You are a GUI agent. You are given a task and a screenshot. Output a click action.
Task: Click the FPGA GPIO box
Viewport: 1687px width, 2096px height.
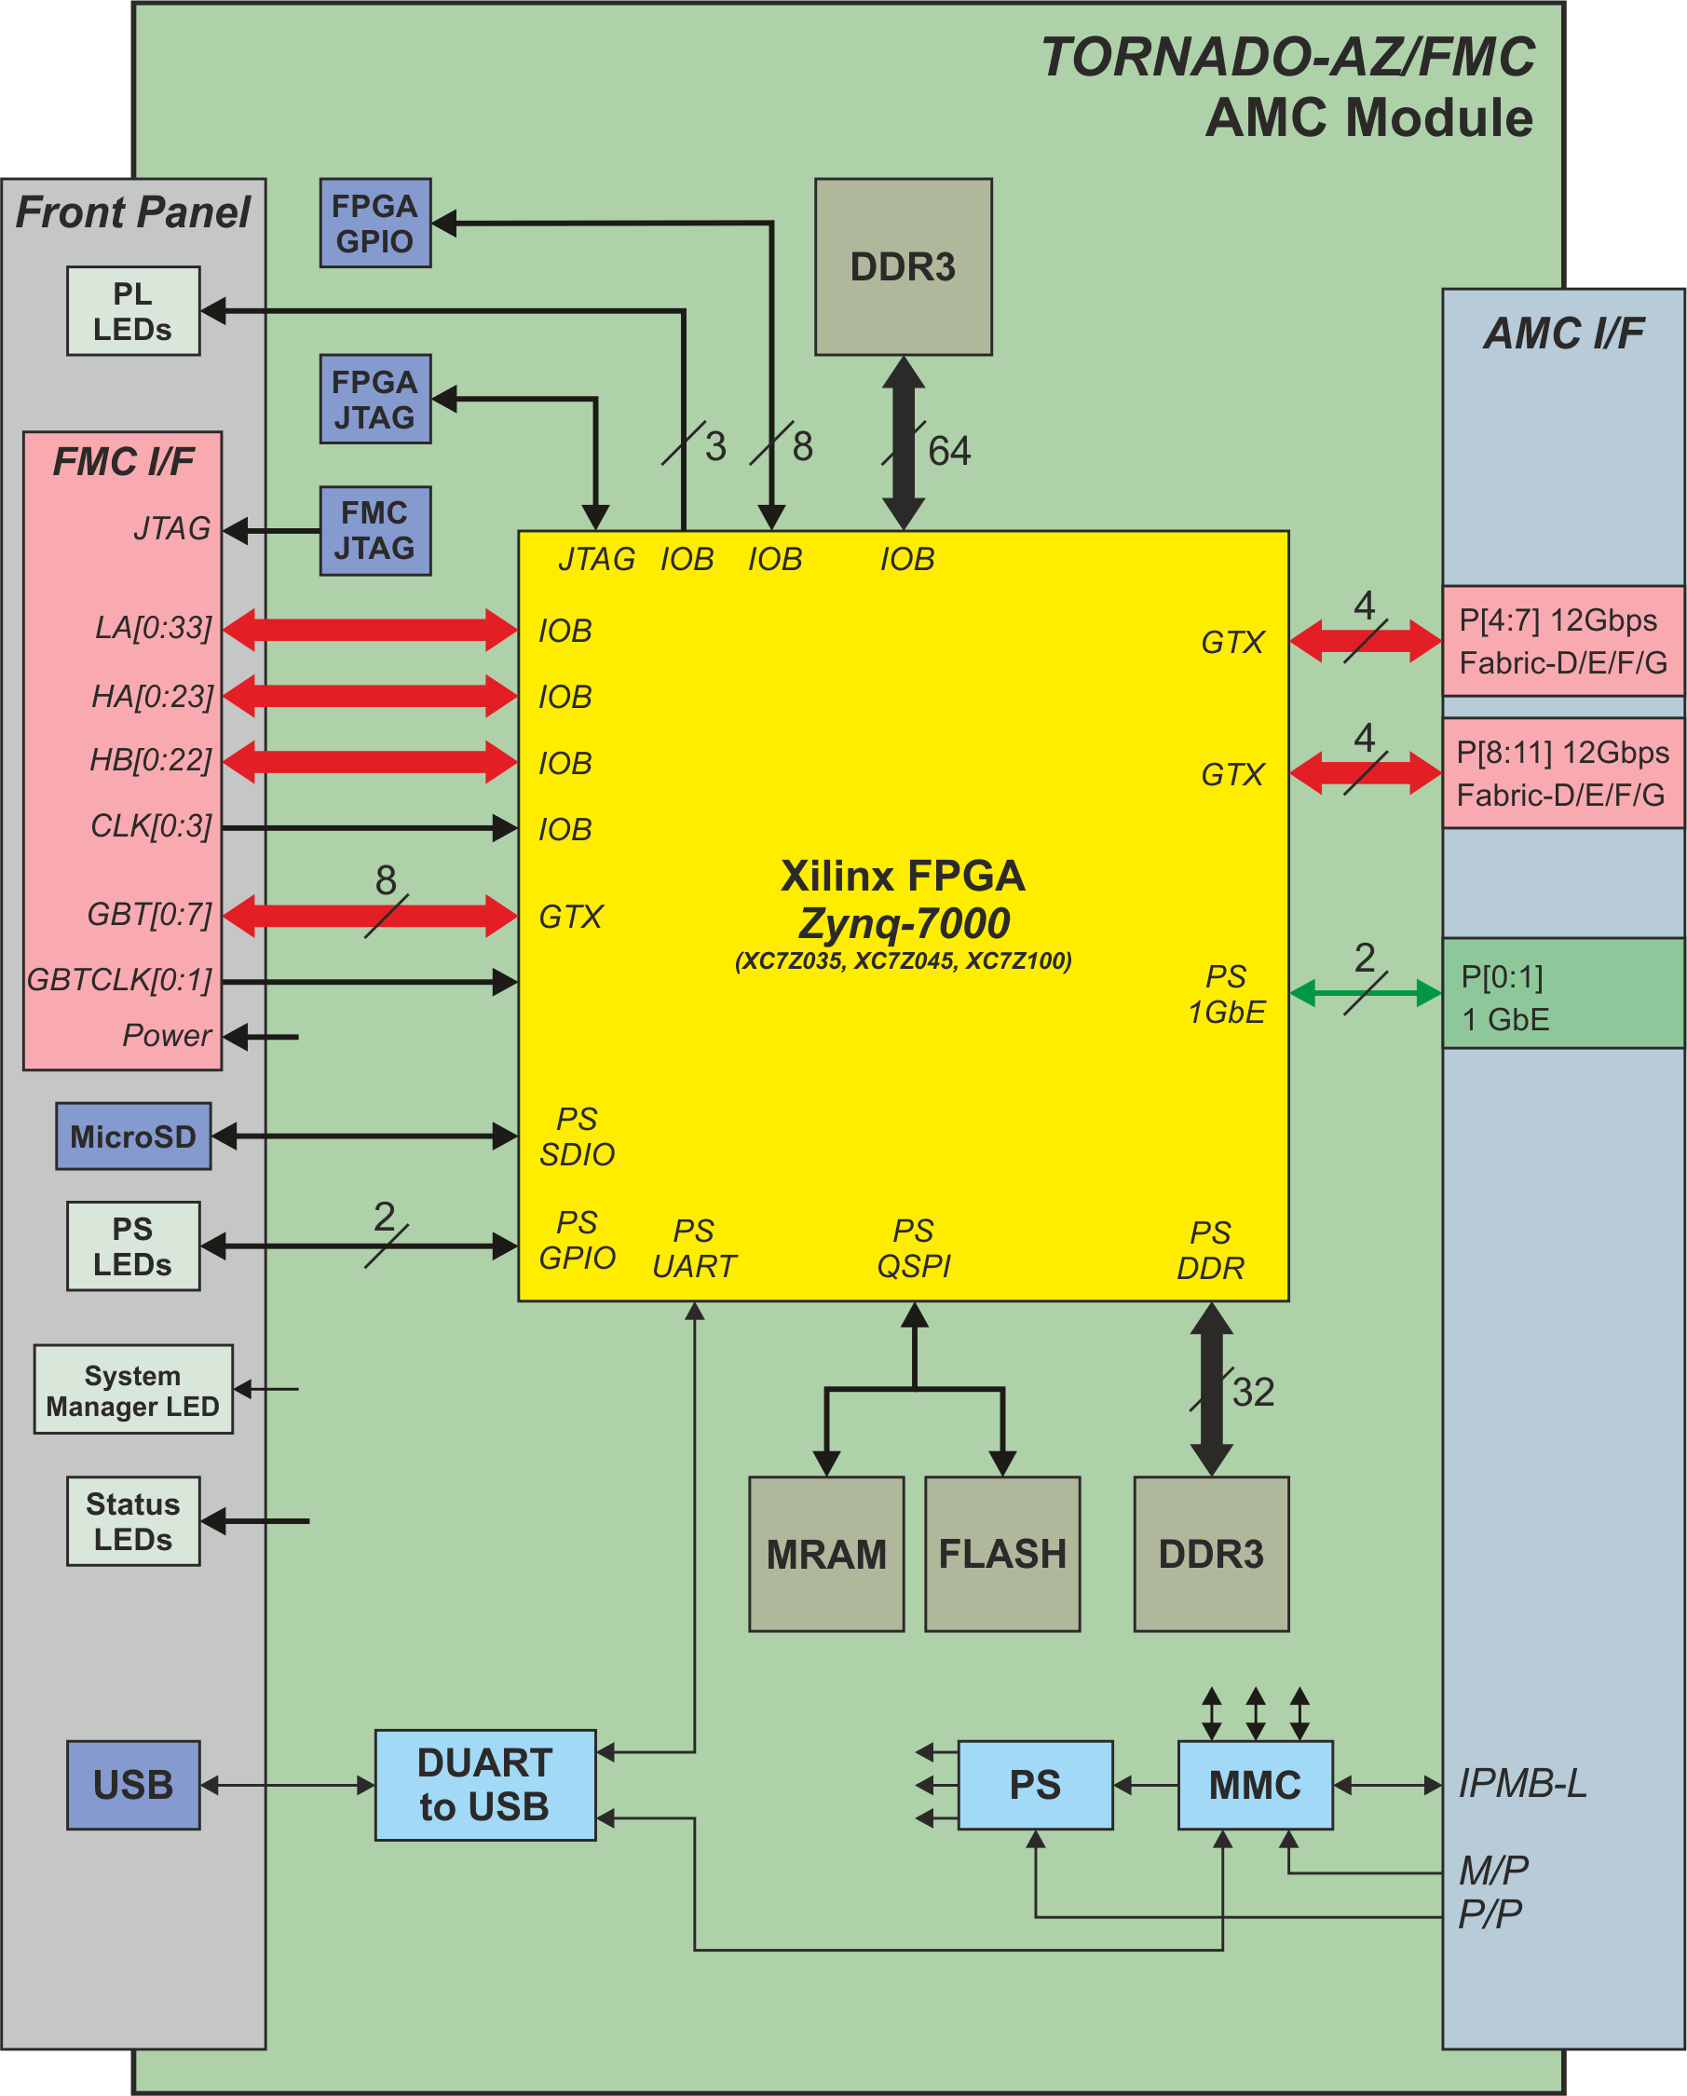pos(375,223)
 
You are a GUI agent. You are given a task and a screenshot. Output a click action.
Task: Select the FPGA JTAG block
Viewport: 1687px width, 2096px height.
pos(375,399)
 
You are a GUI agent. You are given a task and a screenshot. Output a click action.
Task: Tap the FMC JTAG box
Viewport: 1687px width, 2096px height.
pos(375,531)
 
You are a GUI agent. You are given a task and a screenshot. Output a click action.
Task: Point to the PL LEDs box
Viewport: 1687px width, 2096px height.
pos(133,311)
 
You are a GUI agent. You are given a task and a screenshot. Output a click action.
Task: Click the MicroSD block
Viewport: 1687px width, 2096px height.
pos(133,1136)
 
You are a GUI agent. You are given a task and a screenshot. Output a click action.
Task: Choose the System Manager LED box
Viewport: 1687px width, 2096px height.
pos(133,1389)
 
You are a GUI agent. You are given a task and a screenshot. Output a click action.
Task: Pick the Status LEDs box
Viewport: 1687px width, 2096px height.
pos(133,1521)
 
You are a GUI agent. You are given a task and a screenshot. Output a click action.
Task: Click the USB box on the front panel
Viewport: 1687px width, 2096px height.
pos(133,1785)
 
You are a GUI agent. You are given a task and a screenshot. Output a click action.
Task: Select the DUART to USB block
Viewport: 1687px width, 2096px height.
pos(485,1785)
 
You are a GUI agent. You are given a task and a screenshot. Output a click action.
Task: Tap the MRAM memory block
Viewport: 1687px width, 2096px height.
pos(826,1554)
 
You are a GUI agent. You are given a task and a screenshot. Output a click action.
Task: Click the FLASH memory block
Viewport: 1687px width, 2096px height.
pos(1002,1554)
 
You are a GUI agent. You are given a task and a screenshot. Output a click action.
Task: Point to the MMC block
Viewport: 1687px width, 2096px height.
pos(1256,1785)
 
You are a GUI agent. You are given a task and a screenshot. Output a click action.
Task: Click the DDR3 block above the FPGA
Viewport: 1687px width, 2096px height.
pos(904,266)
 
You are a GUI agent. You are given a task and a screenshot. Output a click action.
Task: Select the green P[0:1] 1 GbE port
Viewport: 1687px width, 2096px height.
pos(1563,994)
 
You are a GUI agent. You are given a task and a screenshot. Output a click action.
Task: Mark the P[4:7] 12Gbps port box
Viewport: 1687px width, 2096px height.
pos(1563,641)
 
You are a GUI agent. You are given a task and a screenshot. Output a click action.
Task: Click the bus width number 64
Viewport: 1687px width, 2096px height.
pos(949,451)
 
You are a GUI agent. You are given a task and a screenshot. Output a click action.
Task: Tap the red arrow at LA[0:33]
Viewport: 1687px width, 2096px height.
pos(371,629)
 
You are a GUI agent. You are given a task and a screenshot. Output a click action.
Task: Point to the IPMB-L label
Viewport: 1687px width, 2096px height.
pos(1523,1784)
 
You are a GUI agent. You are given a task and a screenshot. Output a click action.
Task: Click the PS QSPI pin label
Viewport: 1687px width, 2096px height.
pos(914,1249)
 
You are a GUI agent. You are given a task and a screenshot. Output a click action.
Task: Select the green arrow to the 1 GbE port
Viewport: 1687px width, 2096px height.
pos(1366,994)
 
